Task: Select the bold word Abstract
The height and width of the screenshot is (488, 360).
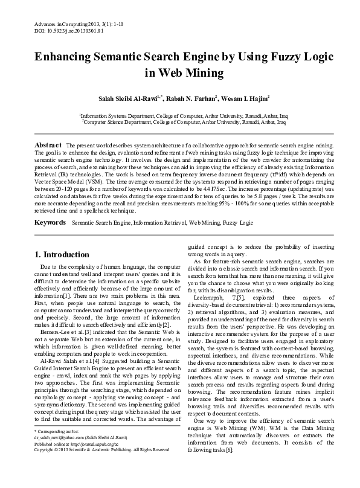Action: (x=48, y=146)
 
